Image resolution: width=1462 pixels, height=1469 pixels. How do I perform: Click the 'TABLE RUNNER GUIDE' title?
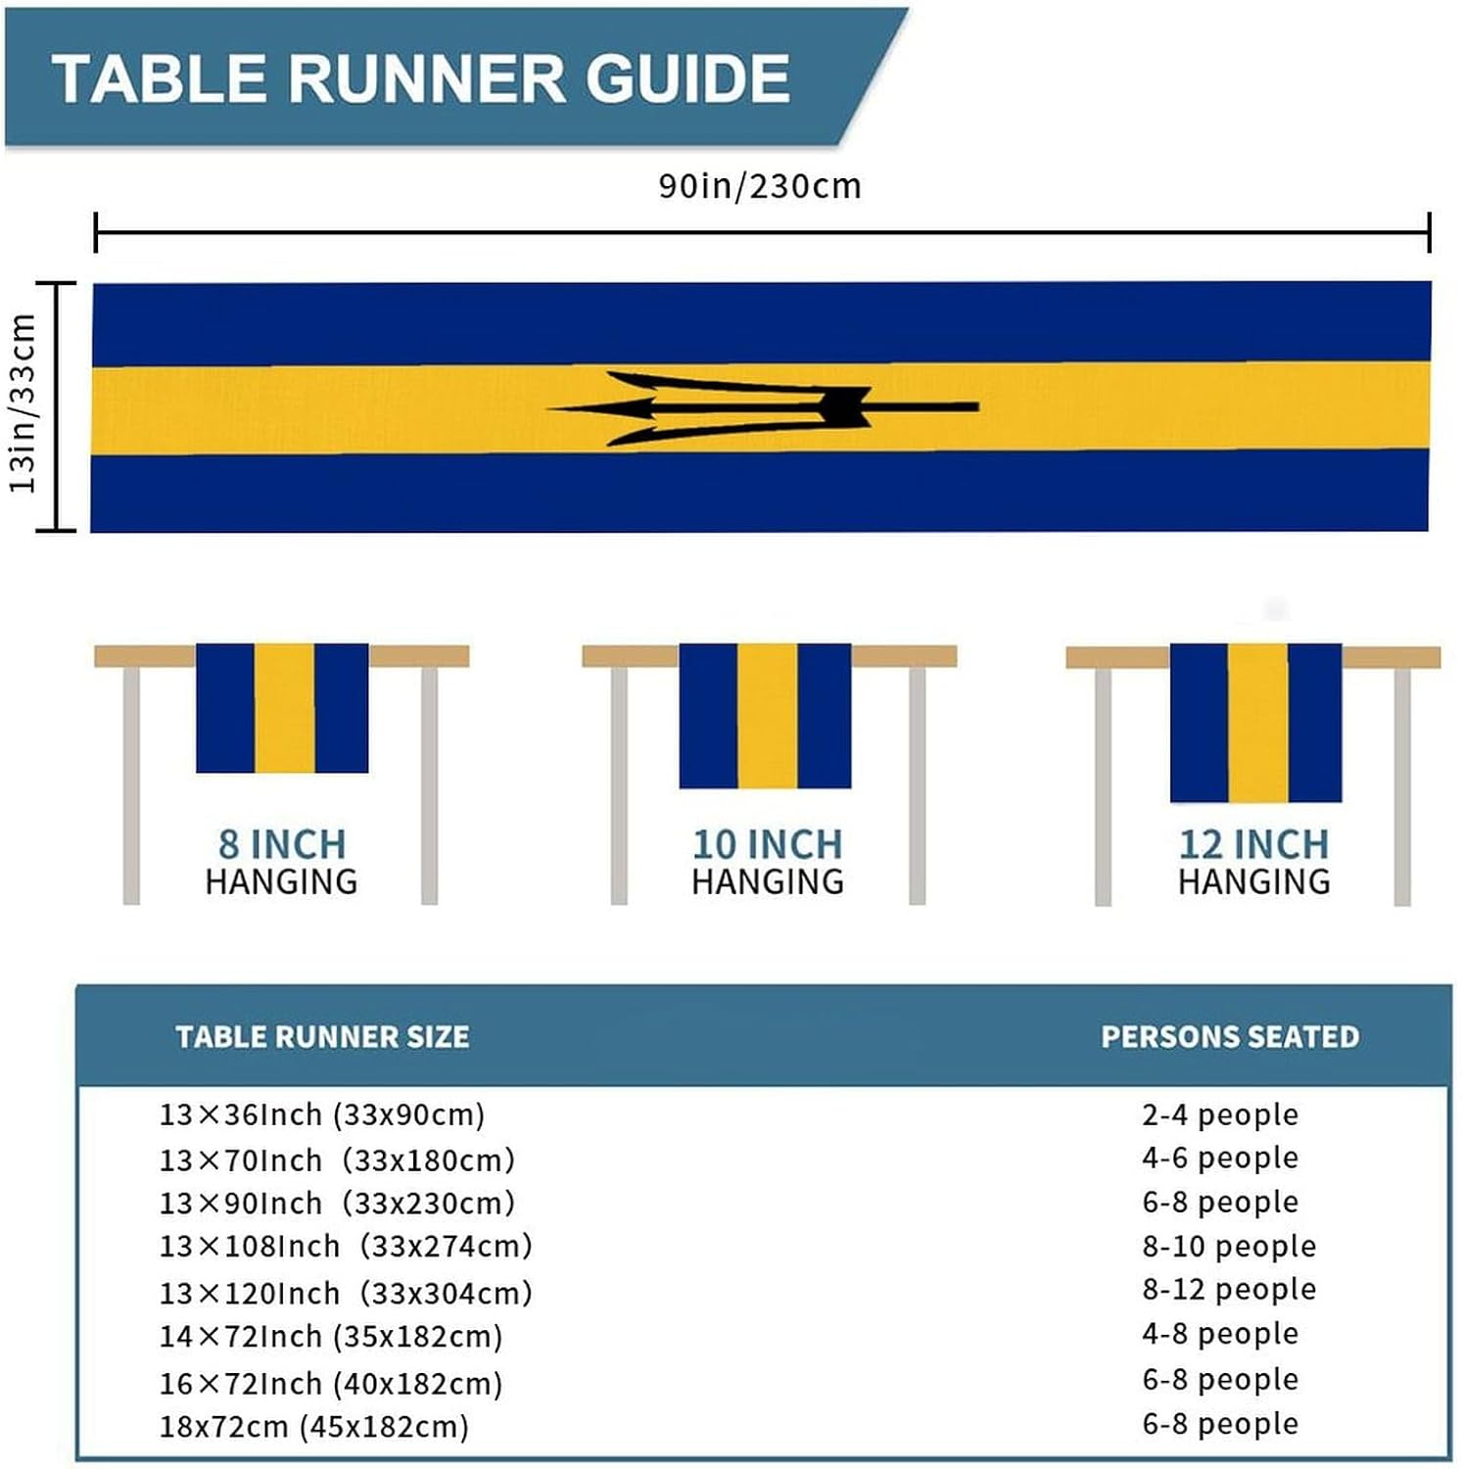click(x=421, y=78)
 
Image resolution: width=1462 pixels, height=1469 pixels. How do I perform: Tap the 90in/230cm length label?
click(x=759, y=186)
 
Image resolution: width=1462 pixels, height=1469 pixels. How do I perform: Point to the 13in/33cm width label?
click(x=24, y=403)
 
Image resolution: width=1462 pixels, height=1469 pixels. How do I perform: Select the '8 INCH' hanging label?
click(x=282, y=844)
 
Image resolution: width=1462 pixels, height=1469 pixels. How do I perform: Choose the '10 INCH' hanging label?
click(x=768, y=844)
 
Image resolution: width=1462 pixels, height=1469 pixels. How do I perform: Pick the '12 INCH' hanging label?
click(x=1253, y=844)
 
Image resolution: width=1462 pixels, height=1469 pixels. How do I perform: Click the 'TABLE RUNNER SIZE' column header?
click(x=322, y=1037)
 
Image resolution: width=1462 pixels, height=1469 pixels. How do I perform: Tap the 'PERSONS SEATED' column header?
click(x=1230, y=1037)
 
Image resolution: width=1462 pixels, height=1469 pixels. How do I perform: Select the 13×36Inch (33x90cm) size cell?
click(x=322, y=1114)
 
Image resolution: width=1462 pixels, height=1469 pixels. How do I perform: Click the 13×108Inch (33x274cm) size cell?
click(x=346, y=1246)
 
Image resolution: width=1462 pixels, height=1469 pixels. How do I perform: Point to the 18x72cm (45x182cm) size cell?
click(x=314, y=1426)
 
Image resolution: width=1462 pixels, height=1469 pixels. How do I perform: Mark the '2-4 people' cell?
click(x=1220, y=1114)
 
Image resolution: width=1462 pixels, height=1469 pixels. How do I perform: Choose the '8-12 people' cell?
click(x=1229, y=1289)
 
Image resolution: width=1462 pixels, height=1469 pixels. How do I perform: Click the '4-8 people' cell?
click(x=1220, y=1333)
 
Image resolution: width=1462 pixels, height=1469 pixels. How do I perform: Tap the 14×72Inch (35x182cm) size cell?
click(x=331, y=1336)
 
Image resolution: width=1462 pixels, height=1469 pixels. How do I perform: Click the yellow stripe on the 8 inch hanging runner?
click(x=284, y=707)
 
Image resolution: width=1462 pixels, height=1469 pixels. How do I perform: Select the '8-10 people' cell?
click(x=1229, y=1246)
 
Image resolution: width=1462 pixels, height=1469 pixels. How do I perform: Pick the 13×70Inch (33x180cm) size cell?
click(x=337, y=1160)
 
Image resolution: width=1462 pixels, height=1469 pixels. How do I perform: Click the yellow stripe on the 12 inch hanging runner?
click(x=1257, y=722)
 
